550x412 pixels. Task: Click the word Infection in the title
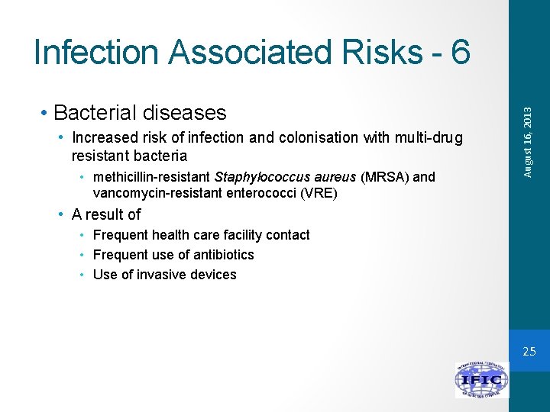(98, 53)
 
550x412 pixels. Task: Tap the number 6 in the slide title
(460, 53)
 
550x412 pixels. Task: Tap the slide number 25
(529, 352)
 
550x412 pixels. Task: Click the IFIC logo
(481, 379)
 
